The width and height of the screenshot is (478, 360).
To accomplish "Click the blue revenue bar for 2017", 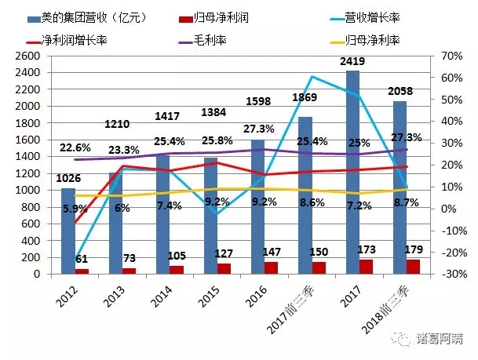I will (x=352, y=173).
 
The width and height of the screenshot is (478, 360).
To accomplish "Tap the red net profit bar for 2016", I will (x=268, y=267).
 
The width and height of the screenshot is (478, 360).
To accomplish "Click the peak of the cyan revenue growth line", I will (x=312, y=76).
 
